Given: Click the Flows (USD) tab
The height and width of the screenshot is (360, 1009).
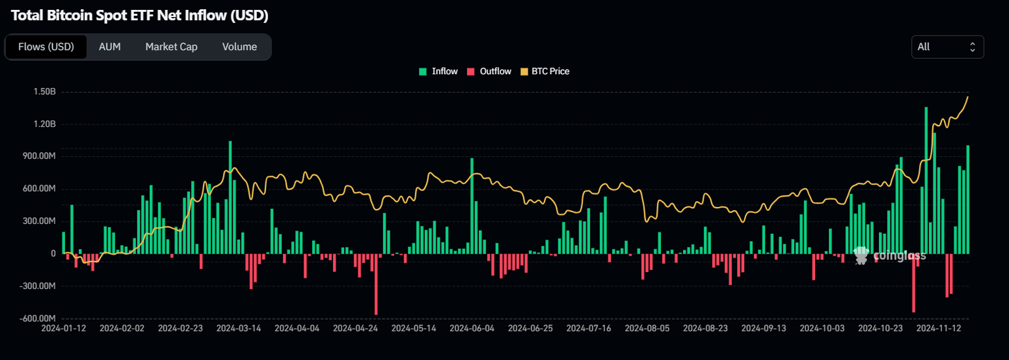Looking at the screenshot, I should [x=46, y=47].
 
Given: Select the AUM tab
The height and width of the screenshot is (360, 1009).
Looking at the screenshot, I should [x=110, y=47].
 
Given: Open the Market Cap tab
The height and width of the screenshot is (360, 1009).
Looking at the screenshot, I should [x=171, y=47].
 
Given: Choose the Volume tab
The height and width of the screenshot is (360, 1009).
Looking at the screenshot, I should [x=239, y=47].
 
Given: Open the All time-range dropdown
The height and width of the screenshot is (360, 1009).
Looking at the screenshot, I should [x=947, y=47].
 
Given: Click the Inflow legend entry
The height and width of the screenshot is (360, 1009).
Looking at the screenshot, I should [x=439, y=71].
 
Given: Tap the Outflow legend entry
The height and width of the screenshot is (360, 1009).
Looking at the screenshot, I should [x=489, y=71].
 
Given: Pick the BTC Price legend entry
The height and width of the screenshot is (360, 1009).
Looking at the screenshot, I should [x=545, y=71].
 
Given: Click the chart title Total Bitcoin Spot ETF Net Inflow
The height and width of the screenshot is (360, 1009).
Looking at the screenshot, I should [x=139, y=15].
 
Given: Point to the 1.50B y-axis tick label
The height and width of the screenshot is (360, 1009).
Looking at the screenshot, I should [x=44, y=92].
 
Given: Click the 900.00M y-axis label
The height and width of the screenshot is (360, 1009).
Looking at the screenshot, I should [x=38, y=156].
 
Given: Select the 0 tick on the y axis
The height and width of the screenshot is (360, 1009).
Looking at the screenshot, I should [x=53, y=254].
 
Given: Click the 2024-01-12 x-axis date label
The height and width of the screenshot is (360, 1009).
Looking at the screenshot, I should [x=63, y=327].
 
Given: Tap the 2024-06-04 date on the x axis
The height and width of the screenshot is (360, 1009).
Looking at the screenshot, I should [x=472, y=327].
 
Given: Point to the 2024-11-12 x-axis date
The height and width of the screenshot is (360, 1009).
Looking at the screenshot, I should [x=939, y=327].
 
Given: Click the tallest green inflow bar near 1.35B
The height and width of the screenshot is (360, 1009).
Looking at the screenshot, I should [x=926, y=177].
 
